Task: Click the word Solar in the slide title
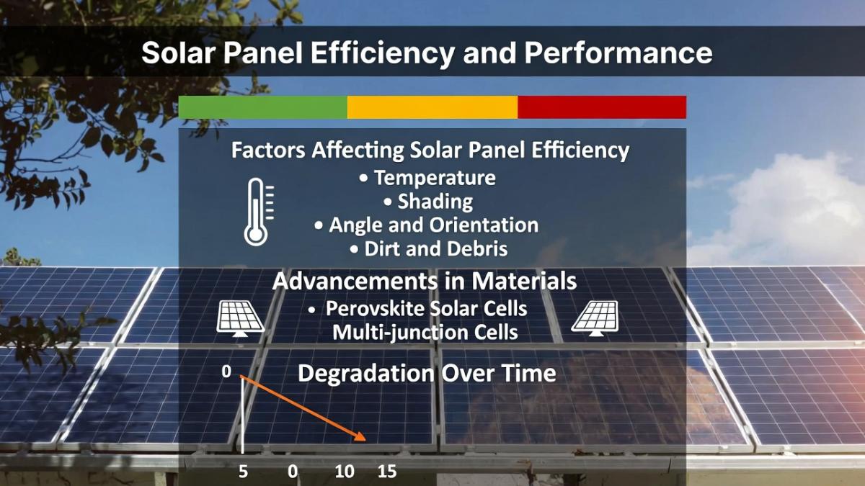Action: [180, 53]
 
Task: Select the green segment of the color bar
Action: [262, 107]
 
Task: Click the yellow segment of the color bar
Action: [432, 107]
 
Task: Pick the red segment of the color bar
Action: [602, 107]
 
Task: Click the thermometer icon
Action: [257, 212]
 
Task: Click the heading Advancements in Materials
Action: [425, 281]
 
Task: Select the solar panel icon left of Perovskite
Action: [241, 318]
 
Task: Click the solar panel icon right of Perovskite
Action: [595, 318]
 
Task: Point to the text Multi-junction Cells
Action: [425, 333]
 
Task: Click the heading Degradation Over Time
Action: [427, 374]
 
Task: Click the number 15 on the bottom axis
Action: [387, 472]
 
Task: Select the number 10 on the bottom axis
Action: [345, 472]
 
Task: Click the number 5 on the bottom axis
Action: [244, 472]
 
